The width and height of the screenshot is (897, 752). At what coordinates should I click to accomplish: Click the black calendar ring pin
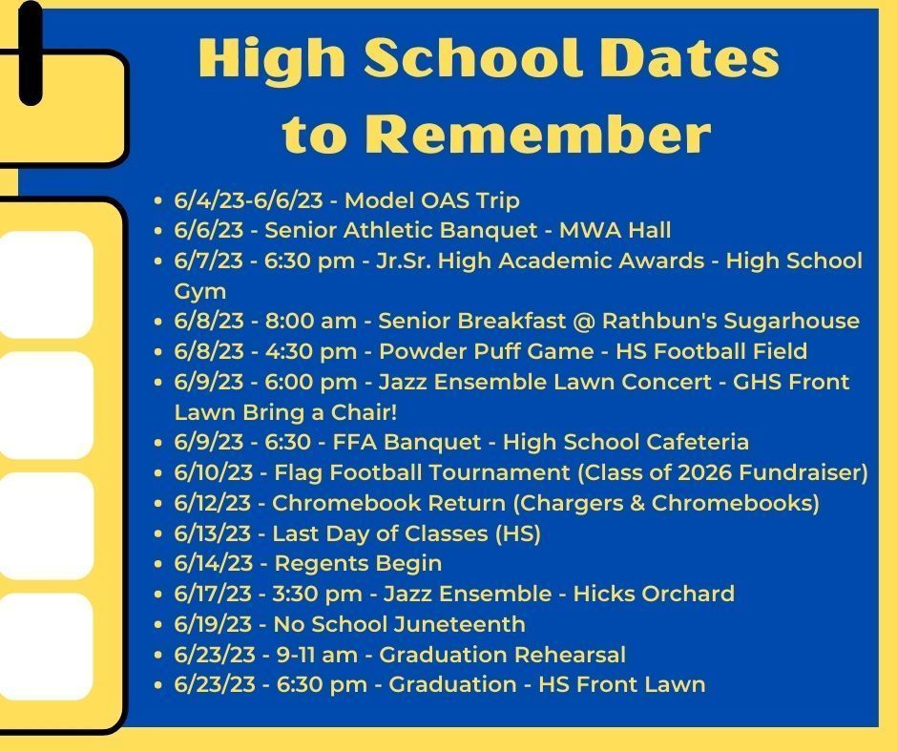point(31,52)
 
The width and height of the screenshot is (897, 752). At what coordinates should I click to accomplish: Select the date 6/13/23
point(212,533)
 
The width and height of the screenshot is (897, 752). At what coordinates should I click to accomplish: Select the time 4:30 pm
point(311,351)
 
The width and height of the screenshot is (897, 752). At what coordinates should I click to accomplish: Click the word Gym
point(200,292)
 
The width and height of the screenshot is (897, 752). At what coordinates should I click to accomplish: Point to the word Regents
point(322,564)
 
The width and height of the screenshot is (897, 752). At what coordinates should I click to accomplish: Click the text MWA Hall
point(615,230)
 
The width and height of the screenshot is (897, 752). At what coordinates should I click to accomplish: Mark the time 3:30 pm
point(317,594)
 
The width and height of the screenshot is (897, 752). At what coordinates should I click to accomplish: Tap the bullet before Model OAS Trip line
point(158,200)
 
